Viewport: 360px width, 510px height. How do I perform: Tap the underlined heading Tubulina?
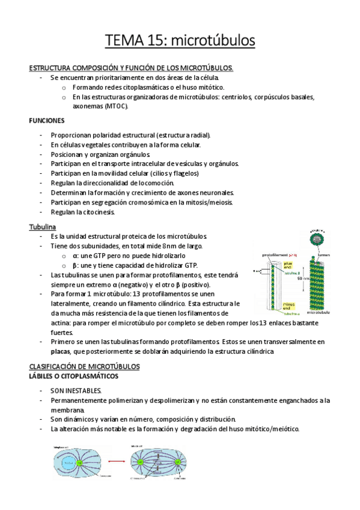pos(42,227)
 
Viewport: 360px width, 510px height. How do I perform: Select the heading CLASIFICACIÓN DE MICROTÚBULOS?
pos(84,366)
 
